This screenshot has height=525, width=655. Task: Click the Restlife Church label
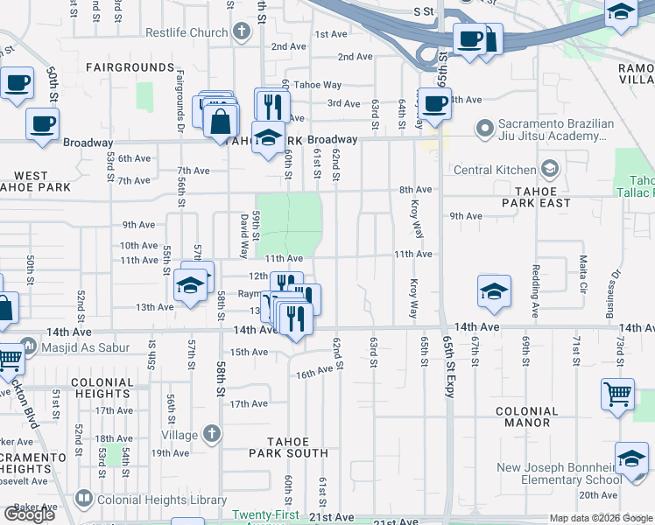(187, 33)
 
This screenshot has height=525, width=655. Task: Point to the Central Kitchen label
(494, 170)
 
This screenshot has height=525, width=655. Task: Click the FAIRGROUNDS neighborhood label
(130, 67)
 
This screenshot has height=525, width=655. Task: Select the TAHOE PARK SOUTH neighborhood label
(288, 446)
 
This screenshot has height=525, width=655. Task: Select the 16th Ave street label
(315, 372)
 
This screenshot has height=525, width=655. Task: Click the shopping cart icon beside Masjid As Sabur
(10, 357)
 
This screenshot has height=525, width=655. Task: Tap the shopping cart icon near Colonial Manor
(618, 394)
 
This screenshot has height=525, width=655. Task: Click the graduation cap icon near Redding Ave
(494, 291)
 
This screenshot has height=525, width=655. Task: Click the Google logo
(29, 514)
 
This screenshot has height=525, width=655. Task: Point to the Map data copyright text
(601, 518)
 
